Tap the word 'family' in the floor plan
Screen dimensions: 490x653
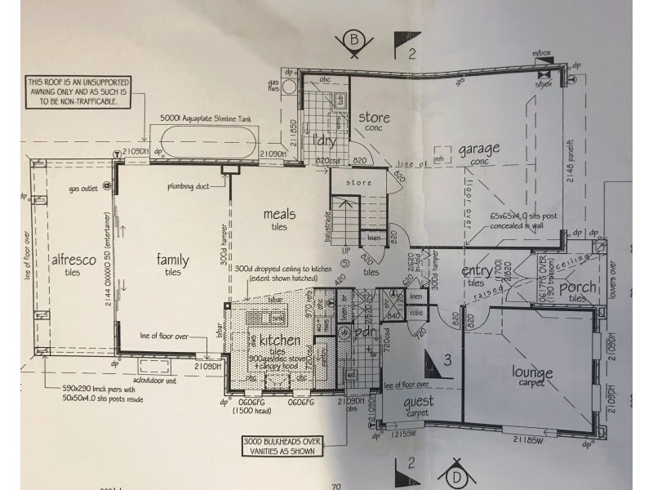pyautogui.click(x=173, y=260)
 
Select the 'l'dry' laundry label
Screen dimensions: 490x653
pyautogui.click(x=325, y=140)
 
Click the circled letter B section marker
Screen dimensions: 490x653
pyautogui.click(x=354, y=41)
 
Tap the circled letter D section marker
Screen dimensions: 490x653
pyautogui.click(x=455, y=474)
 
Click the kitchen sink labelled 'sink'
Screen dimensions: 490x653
pyautogui.click(x=278, y=317)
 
